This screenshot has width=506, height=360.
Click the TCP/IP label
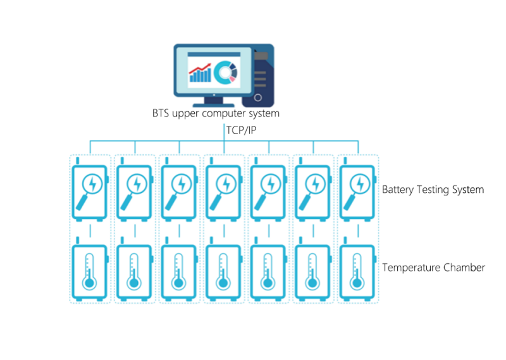(x=241, y=130)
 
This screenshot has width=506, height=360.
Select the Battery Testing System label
(x=433, y=190)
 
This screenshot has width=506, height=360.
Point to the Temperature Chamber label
(x=433, y=268)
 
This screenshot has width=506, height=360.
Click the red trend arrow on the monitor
(x=200, y=68)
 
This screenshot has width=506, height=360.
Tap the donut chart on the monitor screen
(x=226, y=73)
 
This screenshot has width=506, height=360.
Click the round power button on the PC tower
(x=258, y=97)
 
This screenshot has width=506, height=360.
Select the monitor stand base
(x=214, y=105)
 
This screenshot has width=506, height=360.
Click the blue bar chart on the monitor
(x=201, y=75)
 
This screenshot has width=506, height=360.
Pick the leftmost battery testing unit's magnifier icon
(x=89, y=192)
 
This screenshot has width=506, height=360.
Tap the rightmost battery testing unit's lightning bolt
(x=360, y=184)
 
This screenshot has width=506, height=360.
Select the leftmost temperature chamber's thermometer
(x=89, y=271)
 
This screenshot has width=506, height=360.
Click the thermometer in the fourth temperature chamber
(x=223, y=271)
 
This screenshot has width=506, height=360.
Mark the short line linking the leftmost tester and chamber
(x=90, y=231)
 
